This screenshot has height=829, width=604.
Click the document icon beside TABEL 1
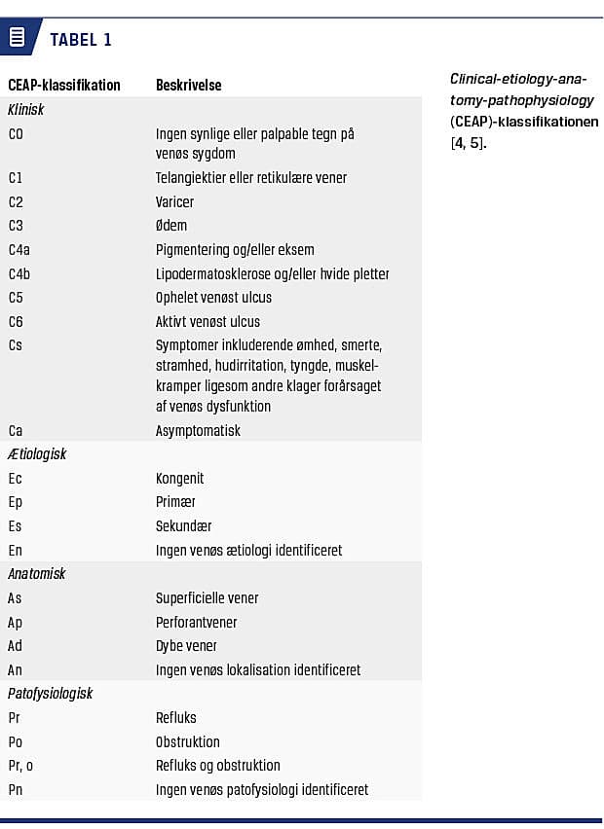click(17, 38)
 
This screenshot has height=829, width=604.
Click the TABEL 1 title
click(81, 40)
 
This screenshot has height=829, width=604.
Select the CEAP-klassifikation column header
click(64, 85)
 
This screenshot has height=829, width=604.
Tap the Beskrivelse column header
click(188, 85)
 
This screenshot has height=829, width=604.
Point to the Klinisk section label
click(26, 110)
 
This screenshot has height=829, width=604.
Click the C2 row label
click(16, 201)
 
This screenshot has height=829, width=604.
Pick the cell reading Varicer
click(175, 201)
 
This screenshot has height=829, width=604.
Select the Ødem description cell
click(171, 226)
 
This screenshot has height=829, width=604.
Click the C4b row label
click(19, 273)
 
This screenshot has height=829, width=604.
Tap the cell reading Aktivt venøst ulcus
click(208, 321)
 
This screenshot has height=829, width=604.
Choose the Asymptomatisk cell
click(198, 430)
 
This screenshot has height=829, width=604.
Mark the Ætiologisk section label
click(37, 453)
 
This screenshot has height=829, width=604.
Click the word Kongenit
click(180, 478)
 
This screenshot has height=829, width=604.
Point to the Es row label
click(15, 525)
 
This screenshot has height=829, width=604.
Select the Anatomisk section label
click(37, 573)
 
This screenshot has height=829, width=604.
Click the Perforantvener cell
click(196, 622)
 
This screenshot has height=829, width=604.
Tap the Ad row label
click(16, 645)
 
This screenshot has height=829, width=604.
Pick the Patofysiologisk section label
click(49, 694)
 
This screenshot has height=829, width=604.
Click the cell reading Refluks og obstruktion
click(218, 765)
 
